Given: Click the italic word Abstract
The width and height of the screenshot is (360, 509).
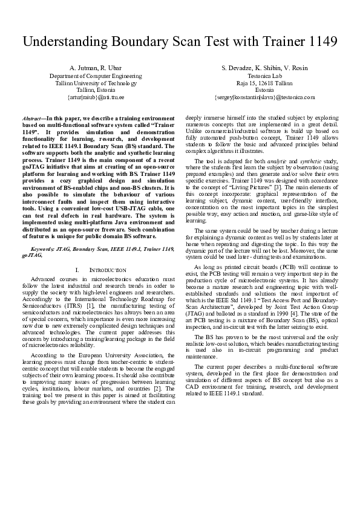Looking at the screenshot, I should [31, 119].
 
